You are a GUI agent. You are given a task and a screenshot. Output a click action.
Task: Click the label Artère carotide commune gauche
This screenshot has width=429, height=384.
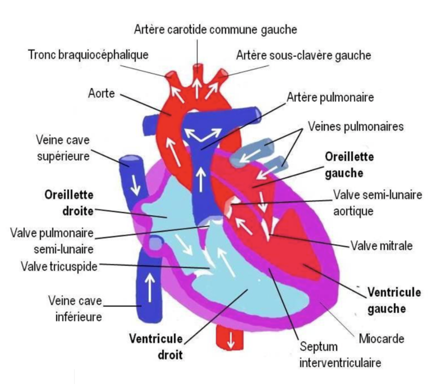coord(215,30)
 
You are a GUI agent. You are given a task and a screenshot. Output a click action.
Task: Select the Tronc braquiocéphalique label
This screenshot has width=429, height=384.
coord(88,55)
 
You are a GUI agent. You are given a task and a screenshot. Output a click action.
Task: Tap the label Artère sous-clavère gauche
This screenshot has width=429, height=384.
coord(303,56)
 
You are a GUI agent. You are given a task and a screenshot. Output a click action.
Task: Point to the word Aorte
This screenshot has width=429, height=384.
coord(102,94)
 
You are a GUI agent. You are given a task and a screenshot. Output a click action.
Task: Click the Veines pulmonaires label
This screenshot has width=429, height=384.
coord(355,127)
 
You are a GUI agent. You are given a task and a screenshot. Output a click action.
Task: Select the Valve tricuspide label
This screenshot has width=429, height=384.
coord(59,266)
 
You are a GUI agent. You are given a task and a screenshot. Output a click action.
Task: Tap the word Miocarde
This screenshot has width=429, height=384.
coord(381,339)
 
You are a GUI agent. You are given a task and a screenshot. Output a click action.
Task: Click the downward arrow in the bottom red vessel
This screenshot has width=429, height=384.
coord(230,340)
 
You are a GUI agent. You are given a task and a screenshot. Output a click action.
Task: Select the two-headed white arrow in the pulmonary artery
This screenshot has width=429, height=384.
coord(203,133)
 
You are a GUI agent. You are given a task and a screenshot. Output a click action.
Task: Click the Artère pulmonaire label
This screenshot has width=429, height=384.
coord(330,98)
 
